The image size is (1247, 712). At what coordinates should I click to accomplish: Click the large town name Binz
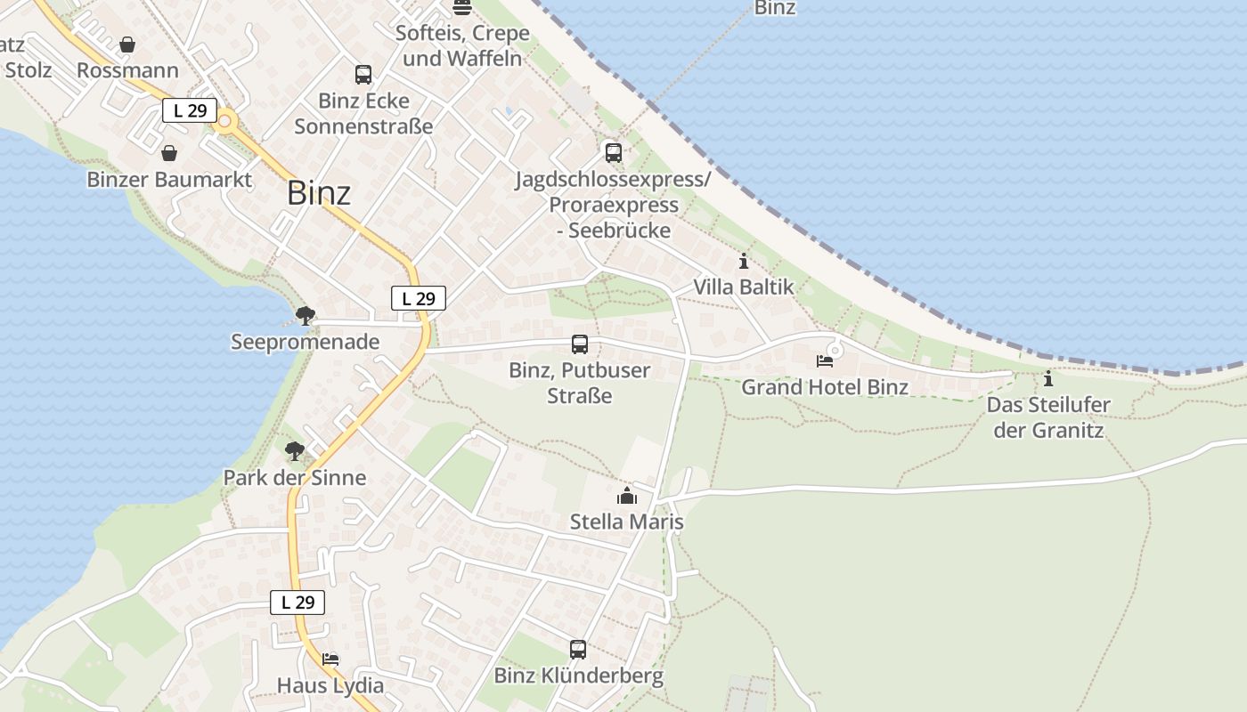click(x=318, y=193)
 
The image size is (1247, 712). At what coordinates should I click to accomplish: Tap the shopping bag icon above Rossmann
click(x=128, y=44)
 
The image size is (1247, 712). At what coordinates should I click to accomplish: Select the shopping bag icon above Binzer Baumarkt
click(x=169, y=153)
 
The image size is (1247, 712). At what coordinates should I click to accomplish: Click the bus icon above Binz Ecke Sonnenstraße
click(x=363, y=75)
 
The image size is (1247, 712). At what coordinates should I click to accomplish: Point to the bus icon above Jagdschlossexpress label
click(x=614, y=152)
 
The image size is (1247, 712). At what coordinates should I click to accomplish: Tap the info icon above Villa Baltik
click(x=744, y=262)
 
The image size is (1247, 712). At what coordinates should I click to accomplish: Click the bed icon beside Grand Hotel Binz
click(x=825, y=361)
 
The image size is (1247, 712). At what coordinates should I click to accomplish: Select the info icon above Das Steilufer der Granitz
click(x=1048, y=379)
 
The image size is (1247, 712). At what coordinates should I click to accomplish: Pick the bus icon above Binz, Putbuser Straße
click(x=580, y=344)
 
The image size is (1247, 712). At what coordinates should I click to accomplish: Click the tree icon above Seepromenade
click(x=306, y=315)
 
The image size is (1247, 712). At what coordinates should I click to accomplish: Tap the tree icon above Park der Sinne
click(x=295, y=451)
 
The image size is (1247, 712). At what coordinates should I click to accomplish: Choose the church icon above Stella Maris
click(x=627, y=496)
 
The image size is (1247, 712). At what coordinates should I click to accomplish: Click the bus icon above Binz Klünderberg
click(x=578, y=650)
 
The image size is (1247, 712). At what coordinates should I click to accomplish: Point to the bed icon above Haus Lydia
click(x=330, y=659)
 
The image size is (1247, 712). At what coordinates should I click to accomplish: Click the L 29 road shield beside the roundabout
click(x=190, y=110)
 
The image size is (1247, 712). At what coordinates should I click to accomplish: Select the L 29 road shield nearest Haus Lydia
click(x=297, y=603)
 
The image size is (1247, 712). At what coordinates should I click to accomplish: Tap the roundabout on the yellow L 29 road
click(x=226, y=121)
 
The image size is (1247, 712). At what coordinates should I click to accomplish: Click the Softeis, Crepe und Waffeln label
click(x=462, y=45)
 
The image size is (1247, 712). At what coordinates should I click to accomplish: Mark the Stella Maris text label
click(x=627, y=522)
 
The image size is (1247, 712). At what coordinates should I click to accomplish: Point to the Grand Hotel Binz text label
click(x=825, y=387)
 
